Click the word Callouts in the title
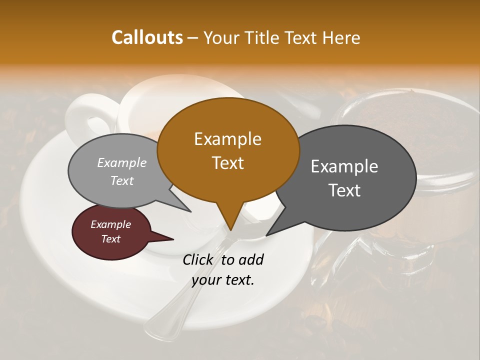point(147,37)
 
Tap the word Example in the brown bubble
point(227,139)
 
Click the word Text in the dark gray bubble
point(345,190)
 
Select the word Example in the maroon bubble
point(110,224)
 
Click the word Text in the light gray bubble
point(122,181)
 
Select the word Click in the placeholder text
point(198,259)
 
